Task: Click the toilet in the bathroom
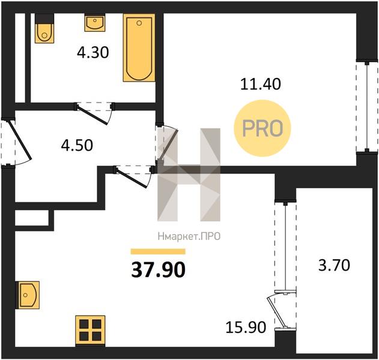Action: click(44, 28)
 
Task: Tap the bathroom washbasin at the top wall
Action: click(95, 22)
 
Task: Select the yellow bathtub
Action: click(139, 47)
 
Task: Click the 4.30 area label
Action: click(93, 53)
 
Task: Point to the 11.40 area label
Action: click(261, 84)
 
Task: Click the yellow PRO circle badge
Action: click(262, 128)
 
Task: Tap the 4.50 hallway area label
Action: click(77, 146)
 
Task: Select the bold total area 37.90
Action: click(159, 269)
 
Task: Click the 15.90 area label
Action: click(246, 328)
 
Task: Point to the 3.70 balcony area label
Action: click(335, 265)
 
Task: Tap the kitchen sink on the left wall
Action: click(27, 295)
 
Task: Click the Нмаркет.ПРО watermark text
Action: click(189, 236)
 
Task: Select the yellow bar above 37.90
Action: click(158, 251)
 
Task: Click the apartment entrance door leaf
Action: click(20, 140)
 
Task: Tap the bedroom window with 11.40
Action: click(367, 106)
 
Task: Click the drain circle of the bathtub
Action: click(139, 23)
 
